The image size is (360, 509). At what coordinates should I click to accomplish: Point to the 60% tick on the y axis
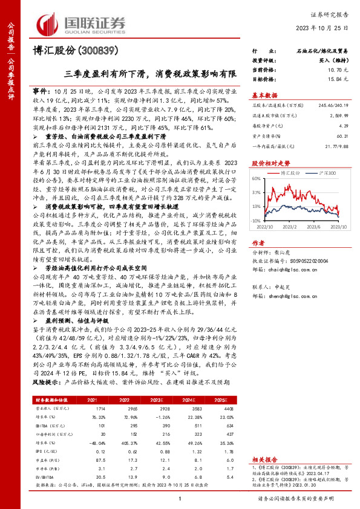[257, 179]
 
